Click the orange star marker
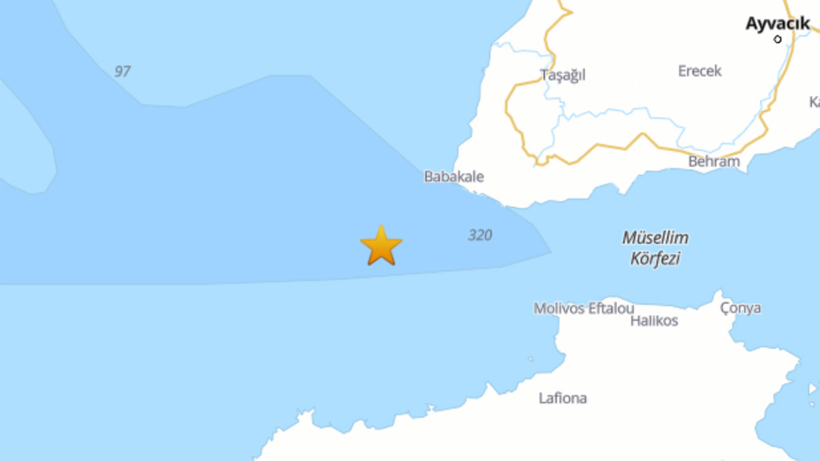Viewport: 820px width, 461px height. click(x=381, y=247)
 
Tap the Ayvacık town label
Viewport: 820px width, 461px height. click(x=778, y=23)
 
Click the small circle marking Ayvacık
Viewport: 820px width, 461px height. click(x=778, y=40)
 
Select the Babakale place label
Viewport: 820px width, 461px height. click(x=454, y=177)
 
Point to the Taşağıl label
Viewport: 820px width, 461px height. click(x=563, y=75)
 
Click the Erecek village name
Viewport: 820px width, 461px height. click(x=700, y=71)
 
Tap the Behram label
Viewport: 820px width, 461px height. click(x=714, y=162)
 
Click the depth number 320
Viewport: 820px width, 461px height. click(x=480, y=236)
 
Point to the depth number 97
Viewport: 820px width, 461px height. click(x=122, y=71)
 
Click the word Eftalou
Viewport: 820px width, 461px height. click(x=610, y=309)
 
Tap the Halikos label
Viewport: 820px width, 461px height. click(x=655, y=321)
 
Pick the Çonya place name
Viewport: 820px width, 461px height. click(x=741, y=308)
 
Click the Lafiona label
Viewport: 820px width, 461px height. click(x=562, y=398)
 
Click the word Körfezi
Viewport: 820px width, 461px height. click(x=655, y=260)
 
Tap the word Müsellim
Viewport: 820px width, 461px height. click(x=655, y=238)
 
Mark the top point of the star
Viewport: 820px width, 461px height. click(x=381, y=227)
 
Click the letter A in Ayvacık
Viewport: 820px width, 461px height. click(x=751, y=24)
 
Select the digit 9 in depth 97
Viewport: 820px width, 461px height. click(x=118, y=71)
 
